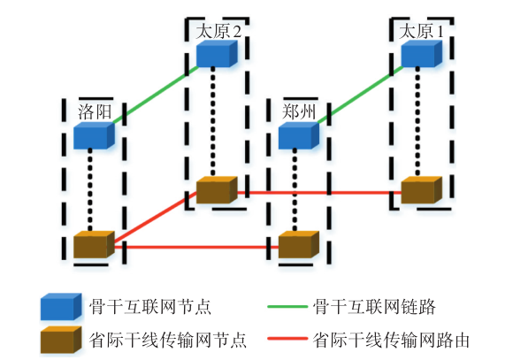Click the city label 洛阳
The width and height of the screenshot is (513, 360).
pyautogui.click(x=95, y=112)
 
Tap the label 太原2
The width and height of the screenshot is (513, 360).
pyautogui.click(x=218, y=32)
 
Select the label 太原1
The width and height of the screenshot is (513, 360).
pyautogui.click(x=421, y=32)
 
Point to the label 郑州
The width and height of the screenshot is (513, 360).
pyautogui.click(x=299, y=112)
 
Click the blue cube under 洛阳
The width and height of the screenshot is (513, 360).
pyautogui.click(x=95, y=135)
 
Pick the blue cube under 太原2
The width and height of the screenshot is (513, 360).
pyautogui.click(x=217, y=54)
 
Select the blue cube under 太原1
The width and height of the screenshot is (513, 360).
pyautogui.click(x=422, y=54)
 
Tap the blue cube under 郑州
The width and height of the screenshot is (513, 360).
pyautogui.click(x=299, y=135)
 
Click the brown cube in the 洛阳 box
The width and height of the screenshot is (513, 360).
pyautogui.click(x=95, y=244)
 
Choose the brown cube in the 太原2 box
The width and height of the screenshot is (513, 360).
pyautogui.click(x=217, y=190)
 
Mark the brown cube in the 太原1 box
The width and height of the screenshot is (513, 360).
pyautogui.click(x=422, y=190)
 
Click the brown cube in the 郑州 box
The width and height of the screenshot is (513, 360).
pyautogui.click(x=299, y=244)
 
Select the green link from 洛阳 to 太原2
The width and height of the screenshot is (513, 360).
pyautogui.click(x=156, y=95)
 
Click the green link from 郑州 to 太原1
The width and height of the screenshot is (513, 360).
pyautogui.click(x=360, y=95)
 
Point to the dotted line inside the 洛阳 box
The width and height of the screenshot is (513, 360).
pyautogui.click(x=90, y=190)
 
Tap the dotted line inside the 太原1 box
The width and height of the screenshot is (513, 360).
pyautogui.click(x=417, y=122)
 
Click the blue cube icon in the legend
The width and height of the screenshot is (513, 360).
pyautogui.click(x=61, y=307)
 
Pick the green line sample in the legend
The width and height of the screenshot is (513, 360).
pyautogui.click(x=287, y=307)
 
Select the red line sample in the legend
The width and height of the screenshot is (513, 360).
pyautogui.click(x=287, y=339)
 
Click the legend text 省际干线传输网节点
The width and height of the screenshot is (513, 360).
pyautogui.click(x=167, y=340)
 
